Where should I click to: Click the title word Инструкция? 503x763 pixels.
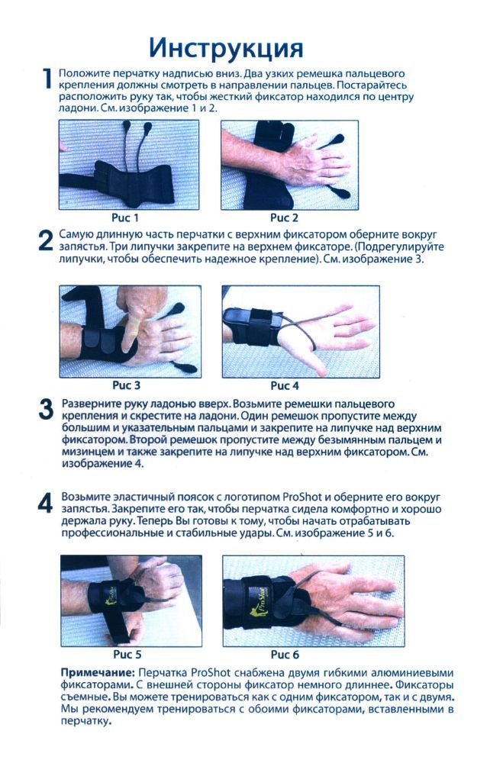point(226,47)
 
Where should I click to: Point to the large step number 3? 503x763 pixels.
point(45,409)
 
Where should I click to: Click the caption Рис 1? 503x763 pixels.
point(126,217)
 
